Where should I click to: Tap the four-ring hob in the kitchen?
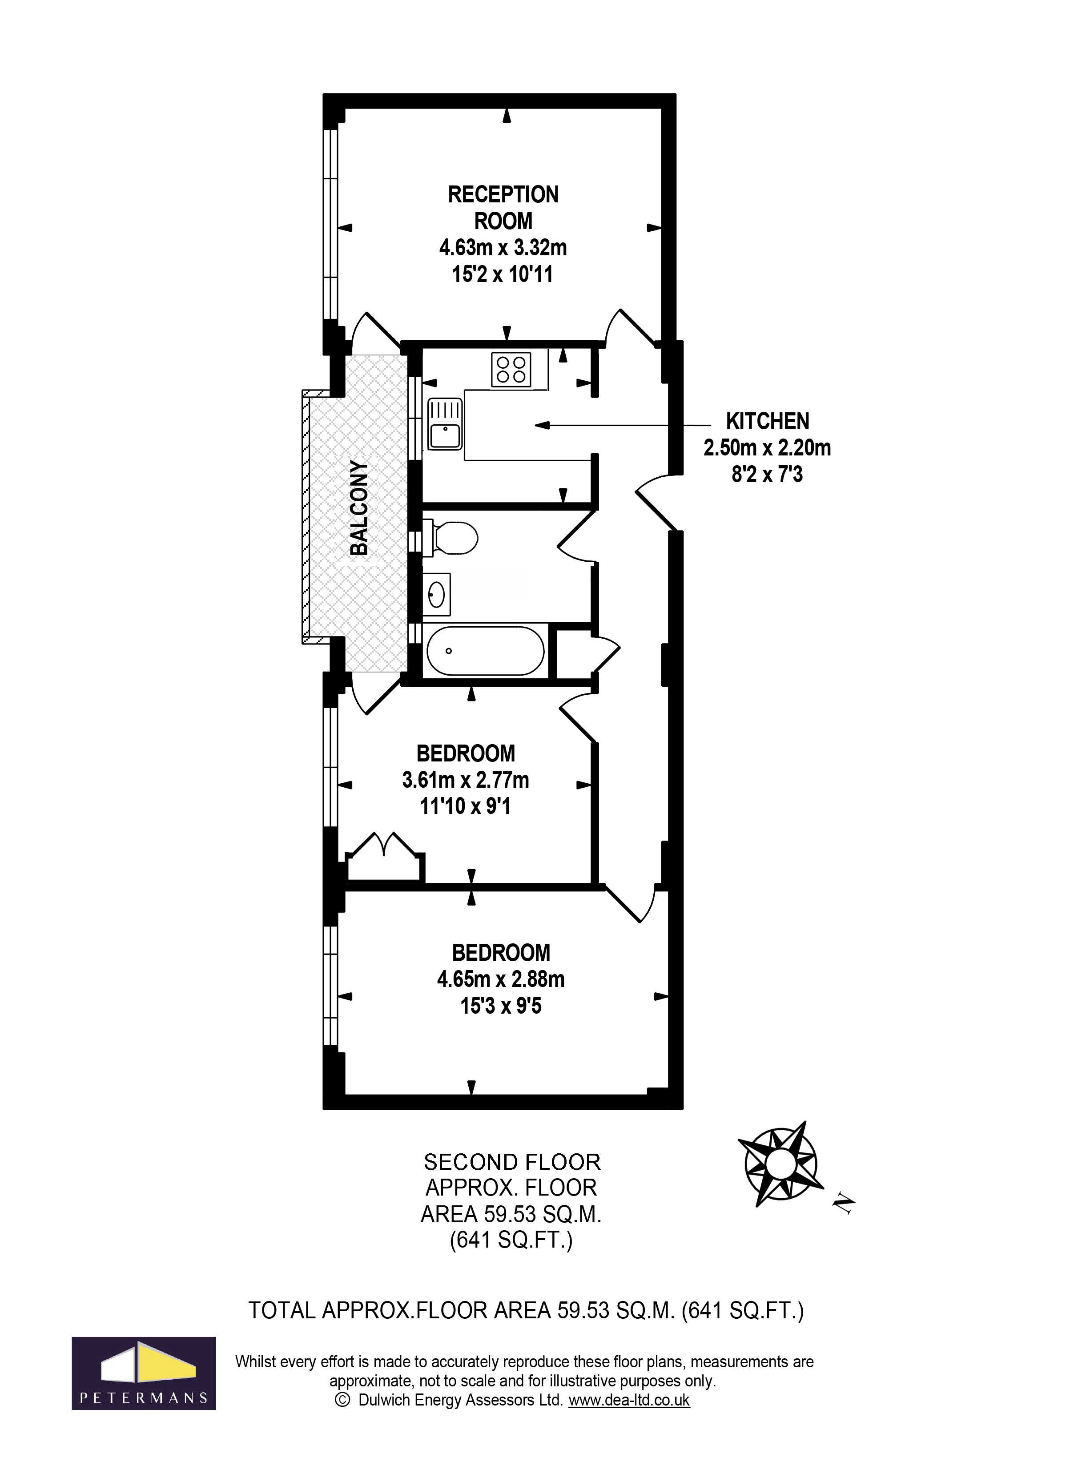coord(511,370)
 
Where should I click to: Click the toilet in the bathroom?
coord(452,538)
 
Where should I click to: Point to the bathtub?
coord(485,650)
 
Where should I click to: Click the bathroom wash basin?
coord(437,594)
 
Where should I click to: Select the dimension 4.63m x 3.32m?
coord(503,248)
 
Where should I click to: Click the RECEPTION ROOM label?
coord(503,207)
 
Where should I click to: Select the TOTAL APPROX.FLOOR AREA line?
coord(526,1310)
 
